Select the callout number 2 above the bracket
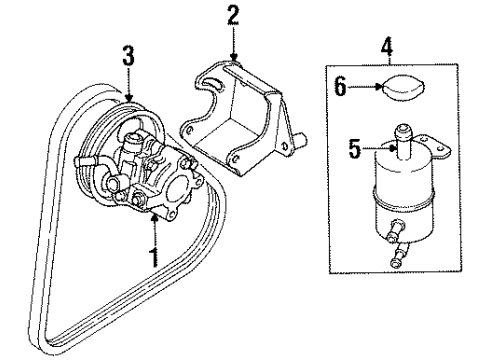pos(233,15)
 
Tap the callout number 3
pos(126,55)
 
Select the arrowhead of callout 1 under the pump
pos(155,213)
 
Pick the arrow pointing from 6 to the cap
pos(375,87)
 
